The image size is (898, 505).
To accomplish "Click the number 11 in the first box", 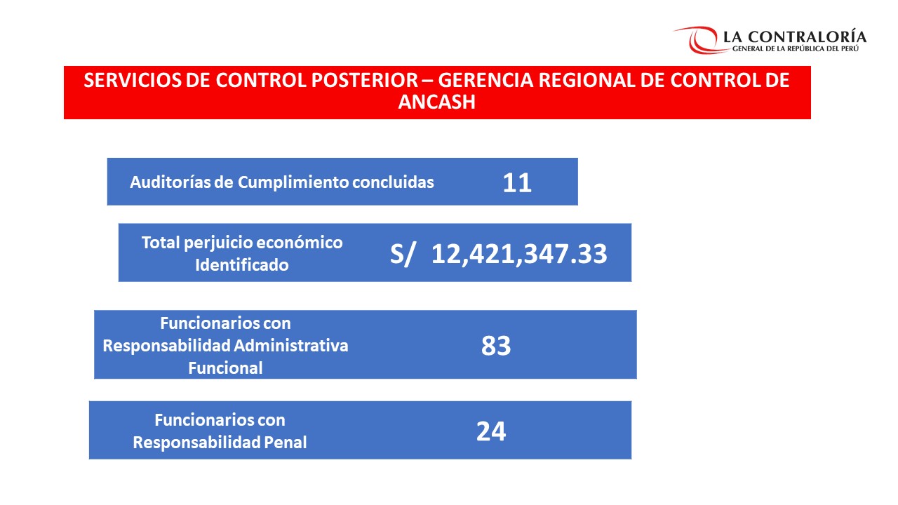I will (517, 183).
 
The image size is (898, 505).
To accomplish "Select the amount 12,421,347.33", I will (519, 254).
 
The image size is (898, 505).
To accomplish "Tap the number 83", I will (496, 346).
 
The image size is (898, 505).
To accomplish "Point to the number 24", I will (491, 431).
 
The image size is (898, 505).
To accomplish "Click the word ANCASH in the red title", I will (436, 102).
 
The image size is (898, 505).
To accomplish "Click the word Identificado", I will (241, 265).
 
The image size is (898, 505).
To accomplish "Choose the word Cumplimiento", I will (293, 182).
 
